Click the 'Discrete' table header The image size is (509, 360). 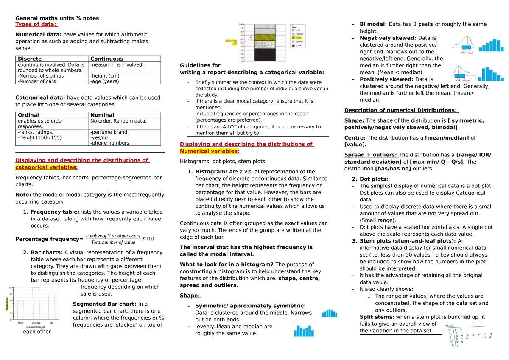click(x=30, y=59)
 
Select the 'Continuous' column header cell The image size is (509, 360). click(x=106, y=59)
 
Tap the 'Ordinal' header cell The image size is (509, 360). click(x=28, y=115)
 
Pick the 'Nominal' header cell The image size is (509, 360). click(x=102, y=115)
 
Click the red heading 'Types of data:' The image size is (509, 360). click(x=36, y=24)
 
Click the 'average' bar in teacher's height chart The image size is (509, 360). click(x=36, y=303)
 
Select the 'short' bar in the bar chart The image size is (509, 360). click(x=20, y=310)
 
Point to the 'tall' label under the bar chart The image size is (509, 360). click(x=51, y=322)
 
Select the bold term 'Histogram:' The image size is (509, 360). click(x=211, y=172)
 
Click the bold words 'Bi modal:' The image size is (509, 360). click(x=373, y=24)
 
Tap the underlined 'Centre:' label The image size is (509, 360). click(x=355, y=137)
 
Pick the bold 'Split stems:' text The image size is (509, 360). click(x=377, y=317)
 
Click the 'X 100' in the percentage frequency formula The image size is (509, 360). click(x=148, y=239)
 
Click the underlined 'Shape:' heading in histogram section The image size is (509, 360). click(x=190, y=296)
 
